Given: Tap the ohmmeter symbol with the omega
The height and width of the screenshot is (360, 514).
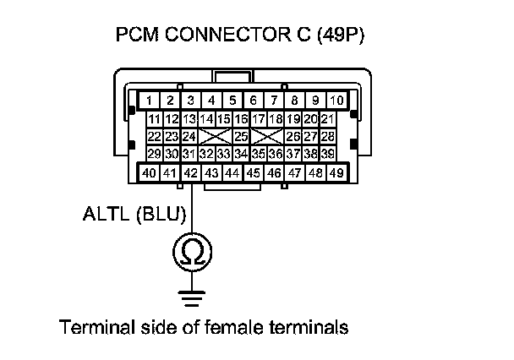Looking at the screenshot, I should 192,250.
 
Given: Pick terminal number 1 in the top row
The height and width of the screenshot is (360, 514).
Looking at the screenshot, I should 149,100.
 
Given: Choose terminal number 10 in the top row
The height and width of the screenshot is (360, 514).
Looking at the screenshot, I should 336,100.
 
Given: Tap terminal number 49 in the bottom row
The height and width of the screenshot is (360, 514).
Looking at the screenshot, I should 336,172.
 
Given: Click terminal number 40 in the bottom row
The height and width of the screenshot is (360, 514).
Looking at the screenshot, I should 149,172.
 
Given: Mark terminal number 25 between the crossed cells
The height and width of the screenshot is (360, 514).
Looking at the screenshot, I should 240,136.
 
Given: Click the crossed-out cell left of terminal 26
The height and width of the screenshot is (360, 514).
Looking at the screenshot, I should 267,136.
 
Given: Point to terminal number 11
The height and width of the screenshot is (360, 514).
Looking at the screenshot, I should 155,119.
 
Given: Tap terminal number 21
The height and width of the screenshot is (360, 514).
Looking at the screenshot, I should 328,119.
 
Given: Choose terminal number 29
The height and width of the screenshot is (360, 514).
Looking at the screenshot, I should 155,153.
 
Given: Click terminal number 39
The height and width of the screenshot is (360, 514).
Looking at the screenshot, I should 328,153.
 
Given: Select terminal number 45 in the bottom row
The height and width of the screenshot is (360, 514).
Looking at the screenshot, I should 253,172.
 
